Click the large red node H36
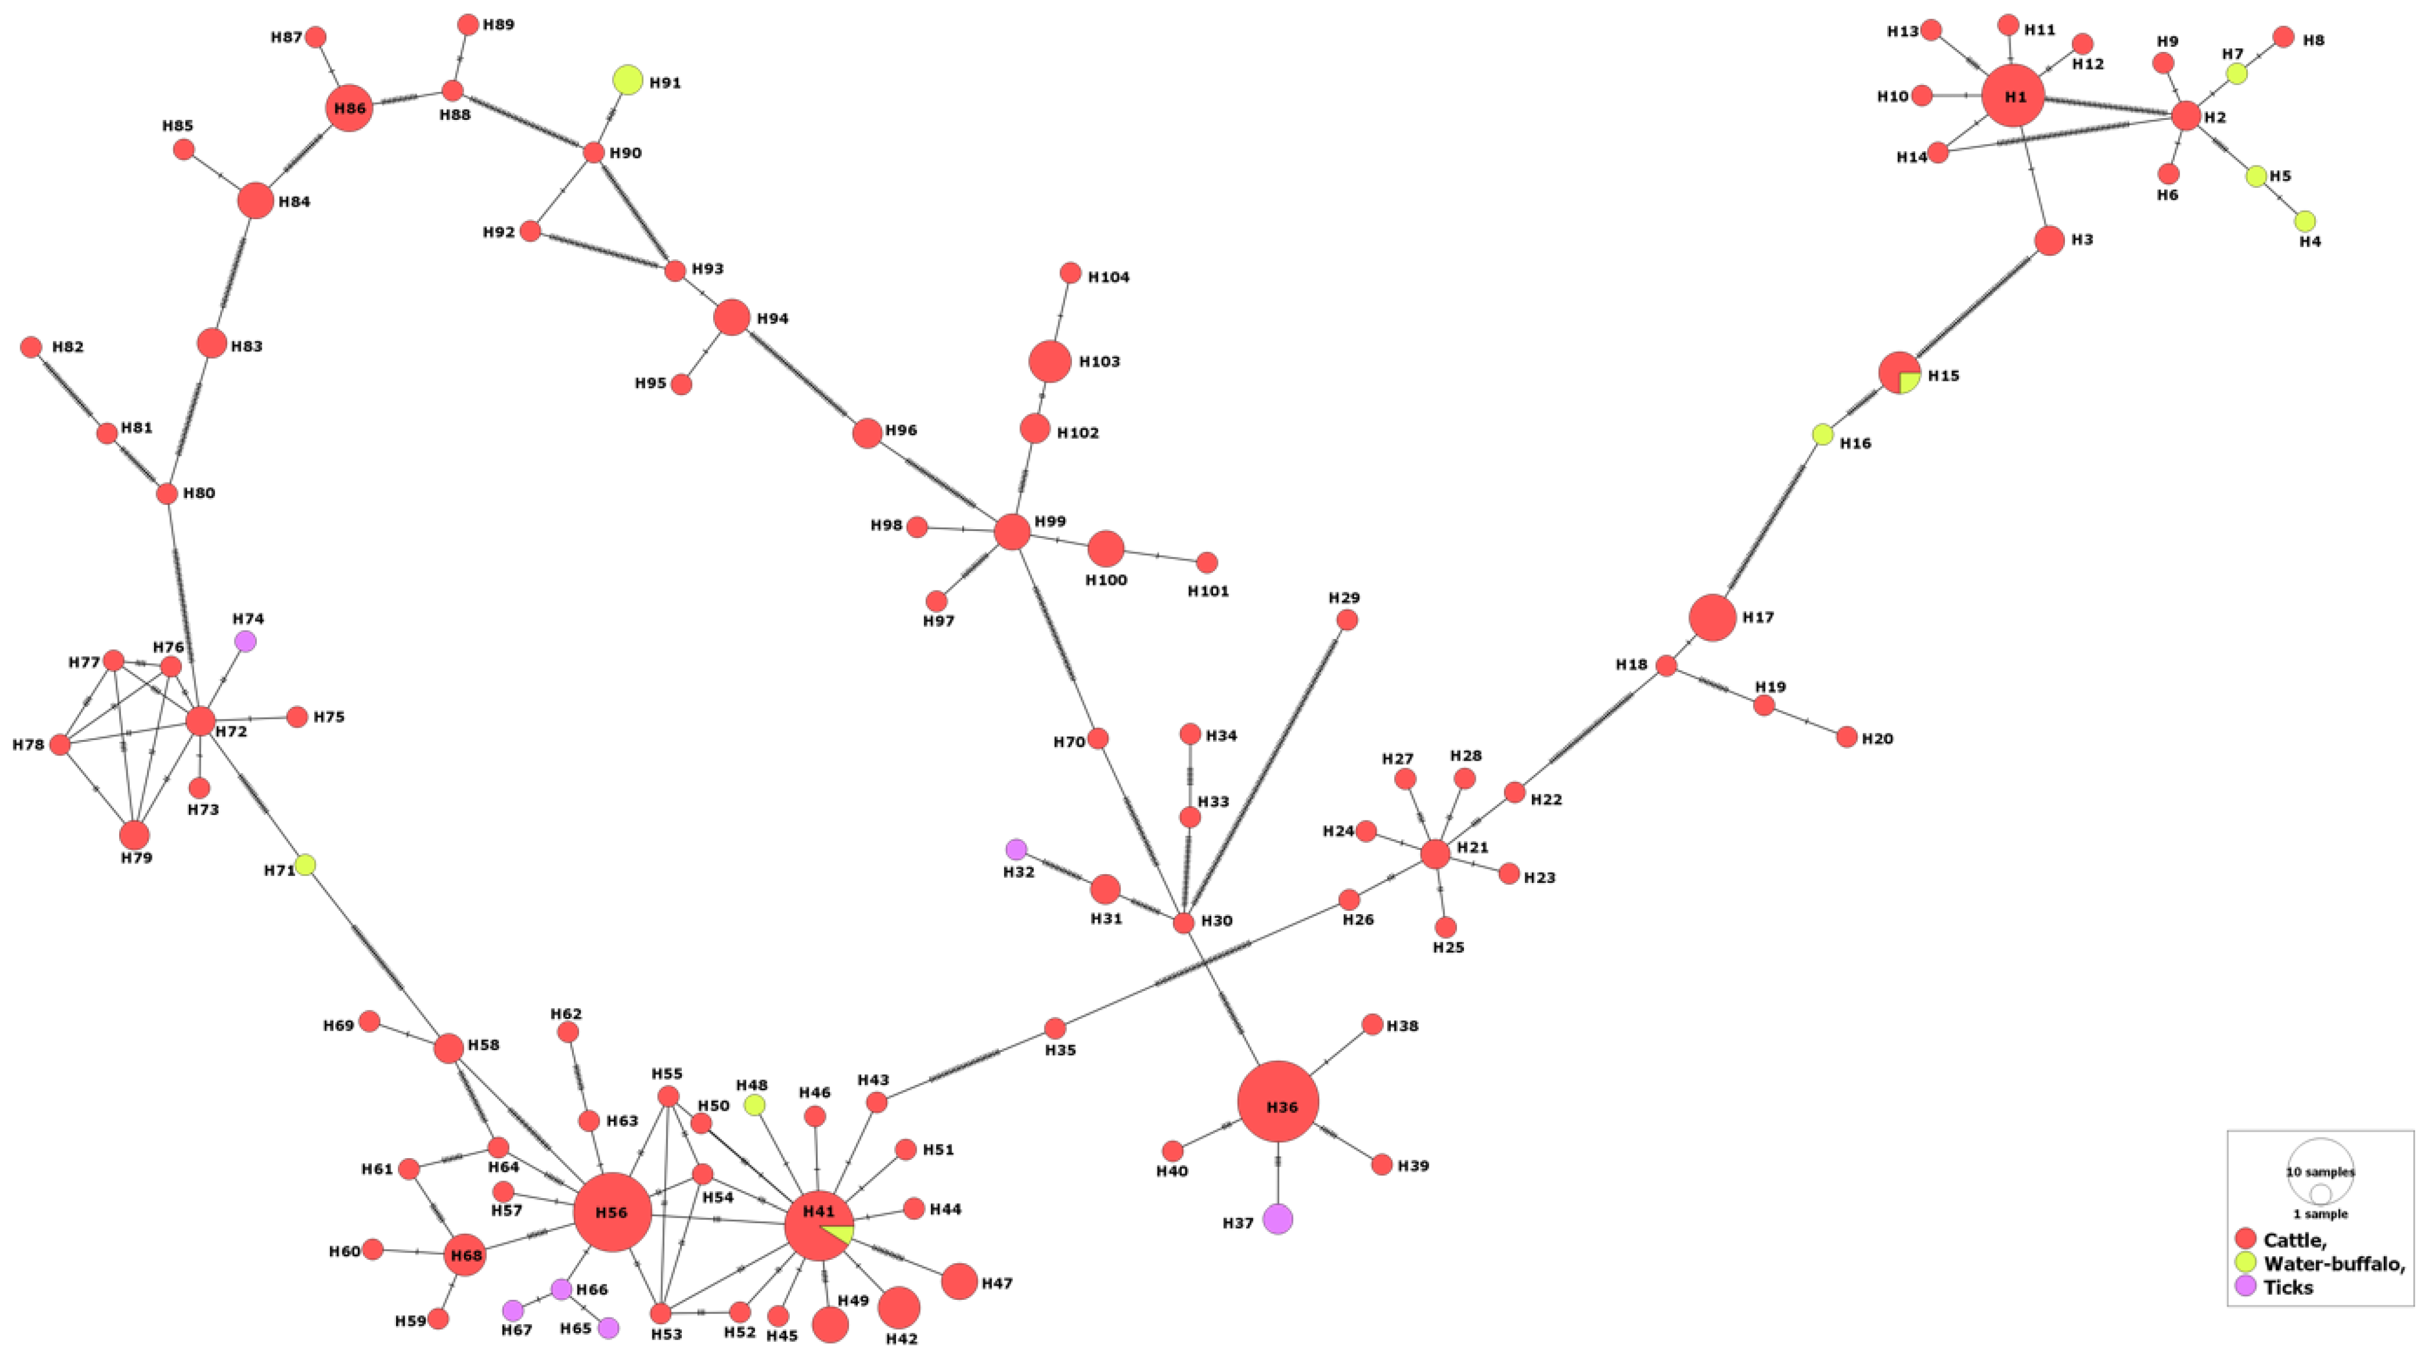pyautogui.click(x=1277, y=1102)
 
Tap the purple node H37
pyautogui.click(x=1277, y=1218)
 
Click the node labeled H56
pyautogui.click(x=613, y=1212)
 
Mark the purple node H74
pyautogui.click(x=245, y=641)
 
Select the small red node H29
pyautogui.click(x=1347, y=620)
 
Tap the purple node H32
pyautogui.click(x=1016, y=849)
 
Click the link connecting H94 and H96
pyautogui.click(x=800, y=375)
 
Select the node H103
pyautogui.click(x=1050, y=361)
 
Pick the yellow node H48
pyautogui.click(x=754, y=1104)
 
